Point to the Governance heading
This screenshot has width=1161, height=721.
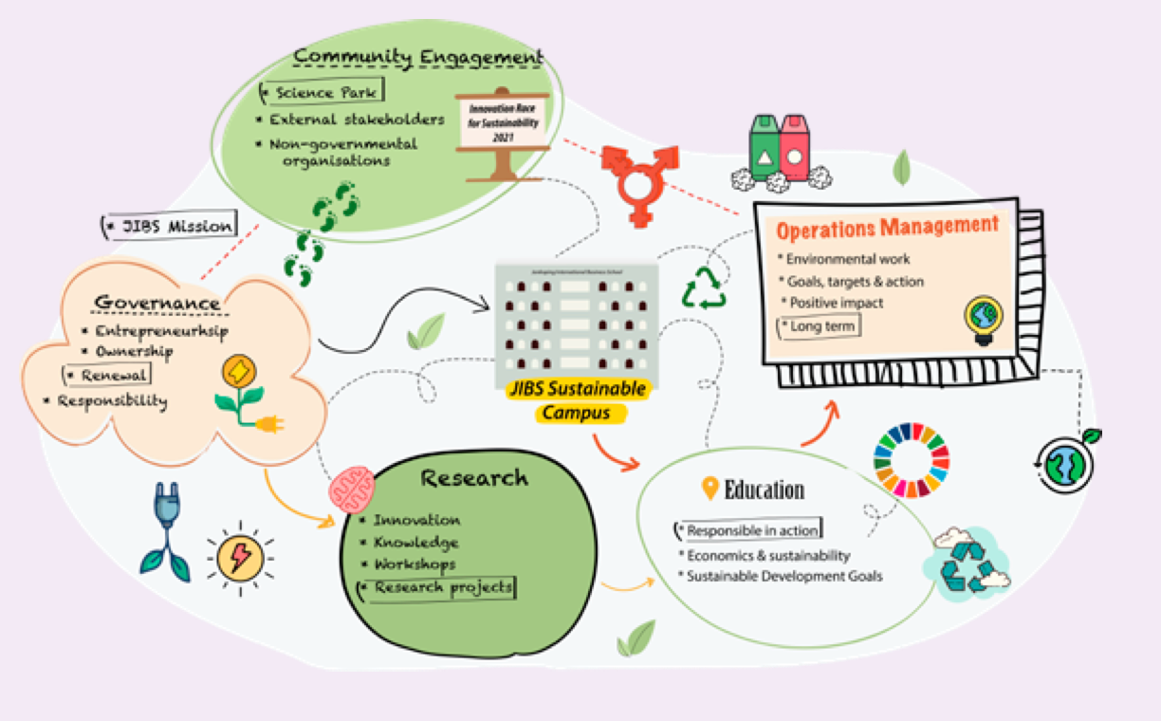157,303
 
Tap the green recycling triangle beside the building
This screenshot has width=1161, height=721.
704,290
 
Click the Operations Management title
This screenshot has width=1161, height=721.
887,228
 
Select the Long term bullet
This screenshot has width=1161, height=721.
819,325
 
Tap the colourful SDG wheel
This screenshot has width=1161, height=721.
911,460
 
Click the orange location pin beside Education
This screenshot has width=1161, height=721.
709,490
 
